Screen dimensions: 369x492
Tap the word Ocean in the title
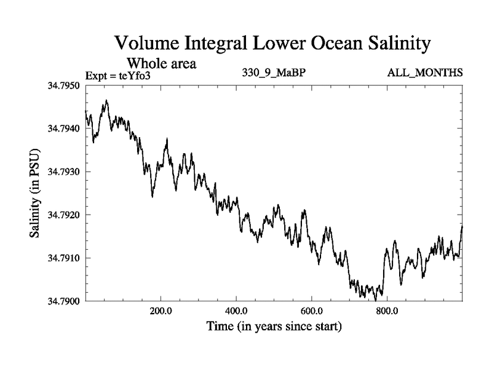click(316, 44)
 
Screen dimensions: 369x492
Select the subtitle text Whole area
click(161, 63)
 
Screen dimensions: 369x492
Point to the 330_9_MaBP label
click(274, 73)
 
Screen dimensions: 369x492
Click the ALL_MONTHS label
click(425, 73)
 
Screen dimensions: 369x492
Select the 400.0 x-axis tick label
click(236, 311)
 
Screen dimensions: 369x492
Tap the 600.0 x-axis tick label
click(312, 311)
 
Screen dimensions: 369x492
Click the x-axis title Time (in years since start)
click(274, 327)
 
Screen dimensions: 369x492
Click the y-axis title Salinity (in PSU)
click(35, 193)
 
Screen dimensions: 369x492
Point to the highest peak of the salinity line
click(106, 100)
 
